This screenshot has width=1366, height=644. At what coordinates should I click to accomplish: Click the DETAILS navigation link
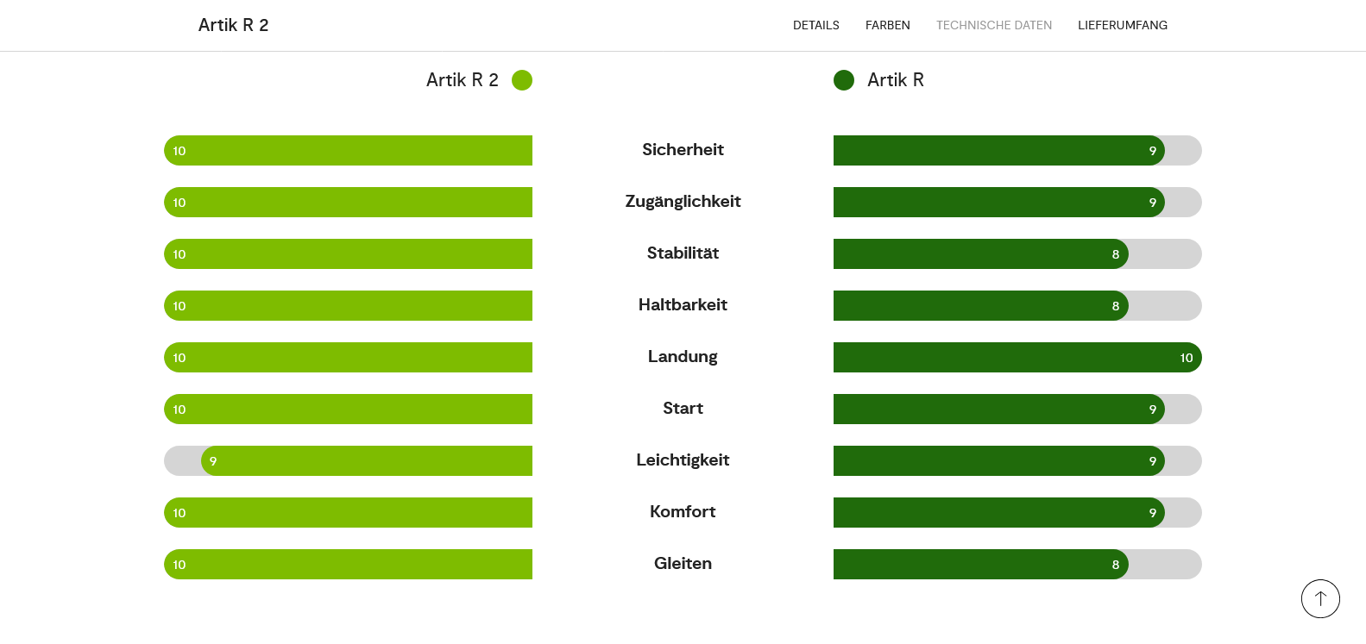pos(815,25)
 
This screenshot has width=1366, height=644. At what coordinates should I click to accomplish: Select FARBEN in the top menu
pos(887,25)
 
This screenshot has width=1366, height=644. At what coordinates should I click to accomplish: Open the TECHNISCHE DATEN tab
pos(993,25)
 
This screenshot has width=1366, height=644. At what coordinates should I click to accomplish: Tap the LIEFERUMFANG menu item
pos(1122,25)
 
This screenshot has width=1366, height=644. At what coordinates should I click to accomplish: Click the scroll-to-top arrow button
pos(1319,598)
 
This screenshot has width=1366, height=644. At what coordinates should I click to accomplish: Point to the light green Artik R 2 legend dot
pos(521,80)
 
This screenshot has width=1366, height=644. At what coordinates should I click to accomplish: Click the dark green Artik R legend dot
pos(843,80)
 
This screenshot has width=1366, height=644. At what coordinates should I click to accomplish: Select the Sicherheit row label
pos(683,150)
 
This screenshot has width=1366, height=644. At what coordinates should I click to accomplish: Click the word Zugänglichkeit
pos(683,202)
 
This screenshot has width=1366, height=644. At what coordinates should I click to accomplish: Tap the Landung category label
pos(683,357)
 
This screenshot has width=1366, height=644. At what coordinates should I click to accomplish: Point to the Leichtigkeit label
pos(683,460)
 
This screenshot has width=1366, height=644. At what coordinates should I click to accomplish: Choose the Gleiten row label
pos(683,564)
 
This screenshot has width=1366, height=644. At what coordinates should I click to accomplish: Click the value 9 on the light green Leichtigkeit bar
pos(213,461)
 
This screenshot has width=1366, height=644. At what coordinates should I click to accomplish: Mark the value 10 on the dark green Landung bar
pos(1186,358)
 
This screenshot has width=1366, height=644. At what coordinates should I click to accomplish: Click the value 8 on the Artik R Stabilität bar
pos(1115,254)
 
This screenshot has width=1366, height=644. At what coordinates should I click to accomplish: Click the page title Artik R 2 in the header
pos(233,25)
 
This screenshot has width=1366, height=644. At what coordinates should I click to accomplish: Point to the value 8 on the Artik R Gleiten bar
pos(1115,565)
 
